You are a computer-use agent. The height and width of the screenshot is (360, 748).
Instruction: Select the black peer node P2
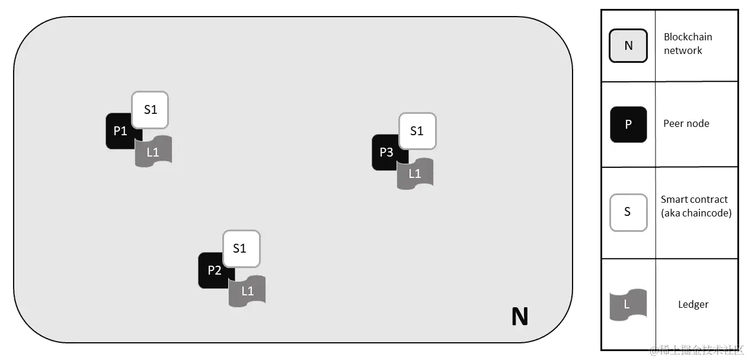tap(213, 270)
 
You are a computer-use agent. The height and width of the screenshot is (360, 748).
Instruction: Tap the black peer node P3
tap(385, 152)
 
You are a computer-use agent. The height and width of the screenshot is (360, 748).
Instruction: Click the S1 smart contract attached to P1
tap(150, 110)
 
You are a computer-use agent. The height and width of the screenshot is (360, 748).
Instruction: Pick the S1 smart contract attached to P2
tap(241, 249)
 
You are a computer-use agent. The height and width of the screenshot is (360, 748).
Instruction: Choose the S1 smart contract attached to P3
tap(417, 131)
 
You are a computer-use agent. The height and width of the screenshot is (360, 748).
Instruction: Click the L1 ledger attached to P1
tap(154, 152)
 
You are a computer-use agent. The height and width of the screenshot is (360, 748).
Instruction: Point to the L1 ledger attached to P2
tap(247, 291)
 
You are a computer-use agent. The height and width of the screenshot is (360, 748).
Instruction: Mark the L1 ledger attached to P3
tap(415, 174)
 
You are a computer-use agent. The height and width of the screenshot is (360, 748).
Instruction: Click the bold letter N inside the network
tap(519, 317)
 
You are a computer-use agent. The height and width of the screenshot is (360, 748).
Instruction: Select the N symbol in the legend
tap(628, 45)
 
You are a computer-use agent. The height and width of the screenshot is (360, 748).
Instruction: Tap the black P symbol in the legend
tap(628, 125)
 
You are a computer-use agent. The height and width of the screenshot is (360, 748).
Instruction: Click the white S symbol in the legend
tap(628, 212)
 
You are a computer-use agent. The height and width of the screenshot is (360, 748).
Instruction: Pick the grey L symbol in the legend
tap(628, 305)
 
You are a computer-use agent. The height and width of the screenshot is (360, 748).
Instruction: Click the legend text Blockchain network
tap(688, 44)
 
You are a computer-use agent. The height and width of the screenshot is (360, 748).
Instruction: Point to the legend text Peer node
tap(686, 123)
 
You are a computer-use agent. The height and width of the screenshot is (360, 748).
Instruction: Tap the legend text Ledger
tap(693, 304)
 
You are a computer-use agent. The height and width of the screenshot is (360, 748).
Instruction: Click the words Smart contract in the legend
tap(694, 199)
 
